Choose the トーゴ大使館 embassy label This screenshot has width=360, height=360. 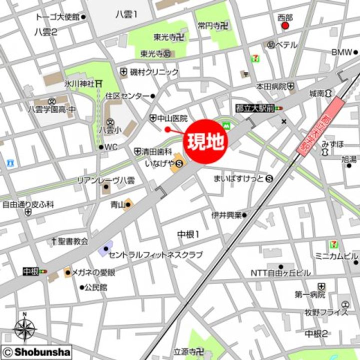[57, 17]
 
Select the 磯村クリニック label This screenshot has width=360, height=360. [154, 72]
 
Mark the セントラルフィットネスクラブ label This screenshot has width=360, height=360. [155, 255]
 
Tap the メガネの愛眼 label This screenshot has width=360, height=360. [93, 272]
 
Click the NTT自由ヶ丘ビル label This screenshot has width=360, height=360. [280, 273]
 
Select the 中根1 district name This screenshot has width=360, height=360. [188, 234]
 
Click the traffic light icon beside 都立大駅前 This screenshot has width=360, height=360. [278, 107]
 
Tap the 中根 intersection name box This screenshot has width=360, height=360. [30, 271]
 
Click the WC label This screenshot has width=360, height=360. [110, 147]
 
